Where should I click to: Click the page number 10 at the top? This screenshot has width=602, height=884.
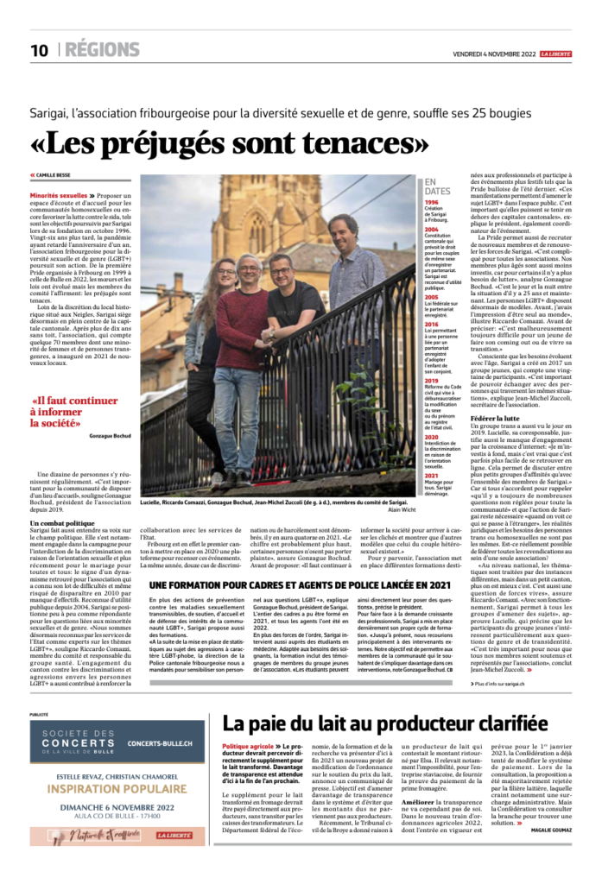tap(39, 50)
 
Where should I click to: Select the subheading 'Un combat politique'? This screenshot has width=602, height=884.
tap(61, 499)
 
